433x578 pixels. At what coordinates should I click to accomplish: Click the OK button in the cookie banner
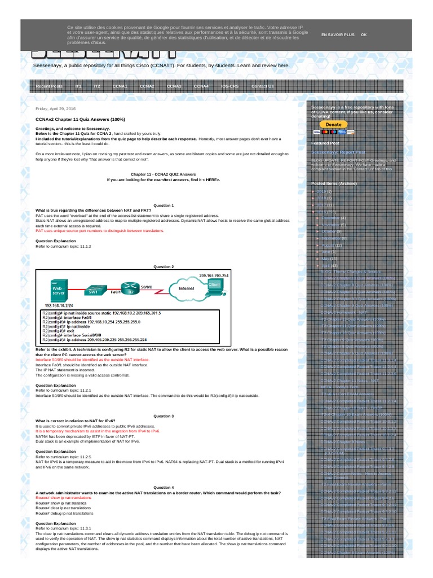364,34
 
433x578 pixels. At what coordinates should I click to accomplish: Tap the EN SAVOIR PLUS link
338,34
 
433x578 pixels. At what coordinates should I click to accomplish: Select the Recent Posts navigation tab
49,86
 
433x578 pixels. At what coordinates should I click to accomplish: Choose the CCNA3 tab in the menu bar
174,86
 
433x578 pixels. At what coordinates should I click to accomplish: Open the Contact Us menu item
262,86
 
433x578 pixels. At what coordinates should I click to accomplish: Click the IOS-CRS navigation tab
229,86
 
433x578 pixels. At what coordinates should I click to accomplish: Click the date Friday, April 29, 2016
56,108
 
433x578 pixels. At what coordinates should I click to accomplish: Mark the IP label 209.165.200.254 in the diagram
215,275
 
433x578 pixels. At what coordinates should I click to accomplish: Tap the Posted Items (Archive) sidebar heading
334,184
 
